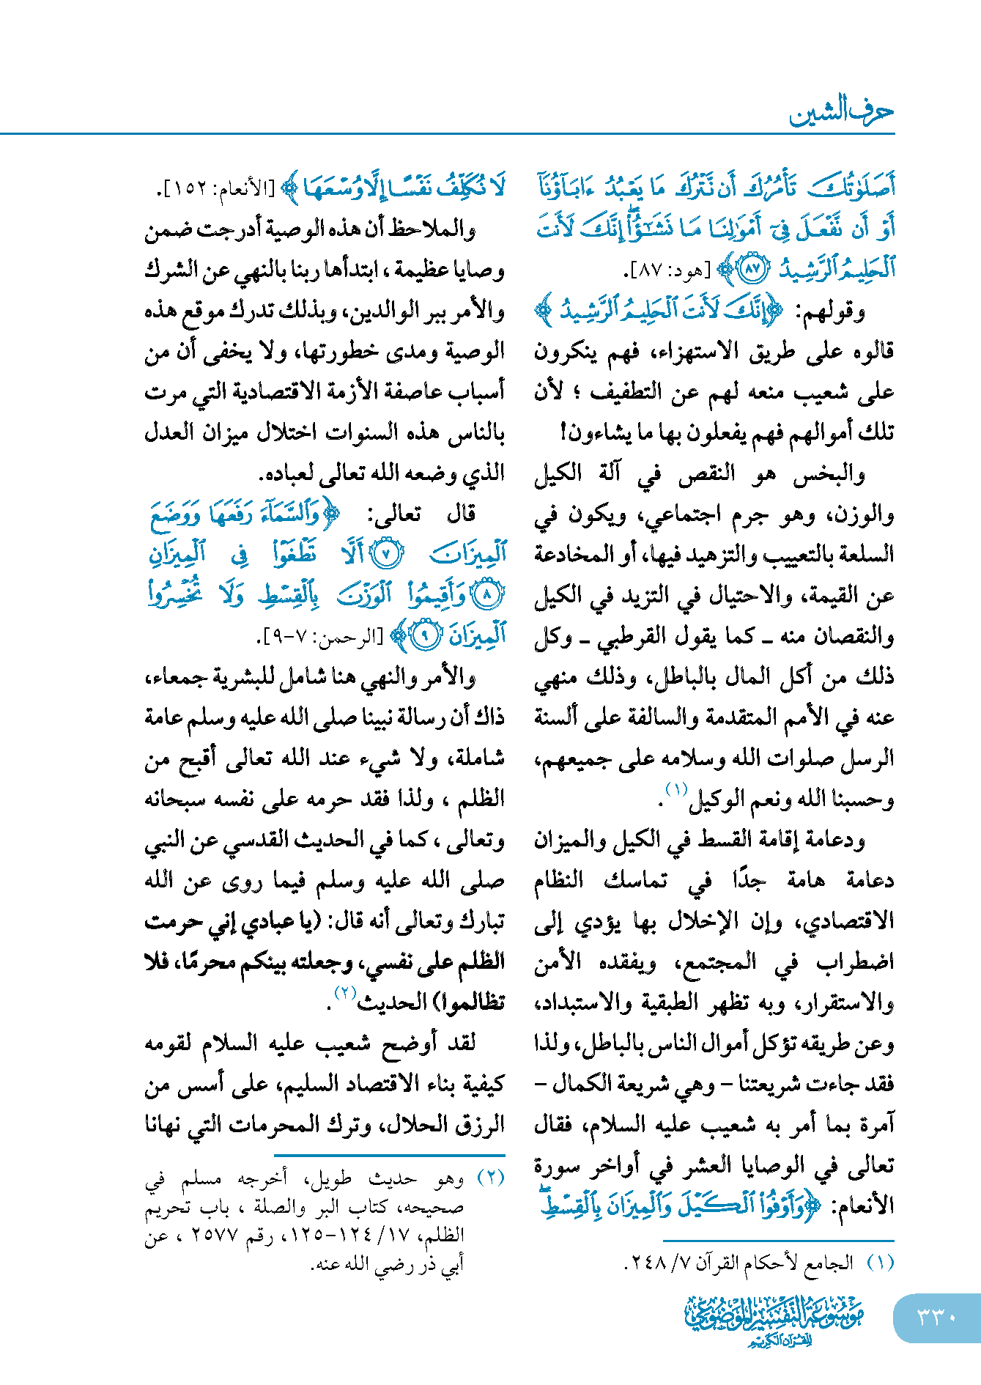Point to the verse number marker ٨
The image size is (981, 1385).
[x=486, y=595]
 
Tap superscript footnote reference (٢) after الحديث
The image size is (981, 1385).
[x=345, y=994]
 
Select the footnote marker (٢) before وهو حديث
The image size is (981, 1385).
[x=490, y=1179]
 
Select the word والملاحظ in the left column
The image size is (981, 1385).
[x=440, y=229]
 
